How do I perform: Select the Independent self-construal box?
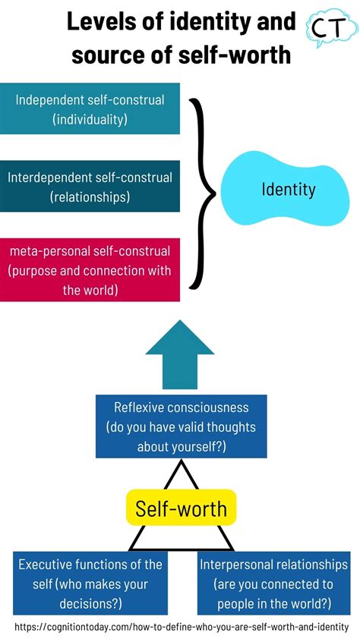coord(90,109)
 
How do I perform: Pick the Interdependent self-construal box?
coord(90,186)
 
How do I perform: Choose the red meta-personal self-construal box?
coord(90,269)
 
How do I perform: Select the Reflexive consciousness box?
coord(181,426)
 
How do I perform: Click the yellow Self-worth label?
coord(181,507)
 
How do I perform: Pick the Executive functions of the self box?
coord(90,582)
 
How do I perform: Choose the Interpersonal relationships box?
coord(273,582)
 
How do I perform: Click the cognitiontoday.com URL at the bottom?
coord(181,627)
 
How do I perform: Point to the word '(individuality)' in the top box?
coord(90,118)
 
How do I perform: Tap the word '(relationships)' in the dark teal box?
coord(90,197)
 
